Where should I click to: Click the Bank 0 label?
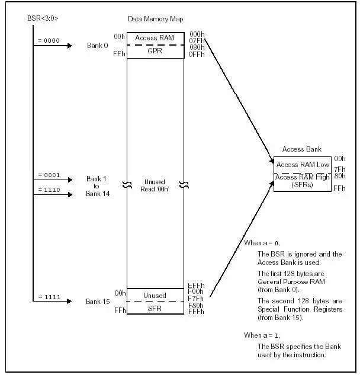click(x=97, y=45)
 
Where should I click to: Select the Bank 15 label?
click(x=98, y=302)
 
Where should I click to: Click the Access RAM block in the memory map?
click(x=155, y=38)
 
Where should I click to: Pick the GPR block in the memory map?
click(x=155, y=52)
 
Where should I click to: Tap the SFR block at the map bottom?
click(x=155, y=308)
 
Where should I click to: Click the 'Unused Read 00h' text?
click(x=155, y=185)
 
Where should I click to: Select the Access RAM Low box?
click(x=302, y=164)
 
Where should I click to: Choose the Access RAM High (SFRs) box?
click(x=302, y=181)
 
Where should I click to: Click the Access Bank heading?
click(x=301, y=149)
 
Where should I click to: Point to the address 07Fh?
click(x=196, y=41)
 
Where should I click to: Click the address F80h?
click(x=196, y=305)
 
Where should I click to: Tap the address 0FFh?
click(x=196, y=55)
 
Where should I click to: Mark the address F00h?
click(x=196, y=291)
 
